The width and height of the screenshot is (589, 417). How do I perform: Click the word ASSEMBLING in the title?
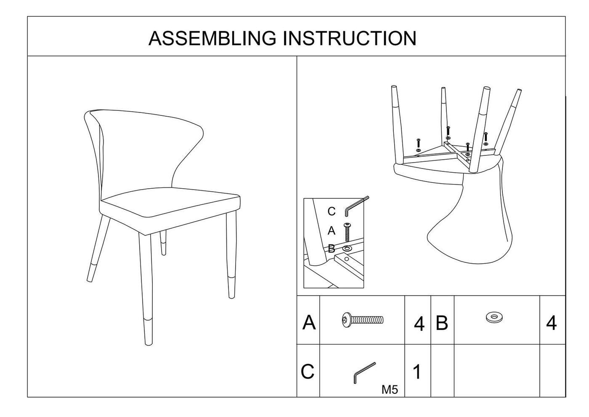[x=212, y=38]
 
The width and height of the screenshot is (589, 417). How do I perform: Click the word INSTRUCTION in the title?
[x=349, y=38]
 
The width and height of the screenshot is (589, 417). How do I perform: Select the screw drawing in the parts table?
[x=362, y=320]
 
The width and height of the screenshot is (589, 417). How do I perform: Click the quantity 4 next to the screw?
[x=419, y=324]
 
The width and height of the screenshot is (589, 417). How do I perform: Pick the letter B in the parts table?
[x=442, y=323]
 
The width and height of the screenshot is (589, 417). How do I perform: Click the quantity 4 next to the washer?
[x=551, y=323]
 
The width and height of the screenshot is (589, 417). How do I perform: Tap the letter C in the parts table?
[x=308, y=372]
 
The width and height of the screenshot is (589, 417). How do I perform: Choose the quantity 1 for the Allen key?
[x=417, y=372]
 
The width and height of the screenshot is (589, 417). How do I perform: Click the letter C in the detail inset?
[x=332, y=211]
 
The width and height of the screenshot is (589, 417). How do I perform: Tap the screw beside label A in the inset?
[x=347, y=231]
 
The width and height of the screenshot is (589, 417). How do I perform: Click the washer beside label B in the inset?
[x=347, y=249]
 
